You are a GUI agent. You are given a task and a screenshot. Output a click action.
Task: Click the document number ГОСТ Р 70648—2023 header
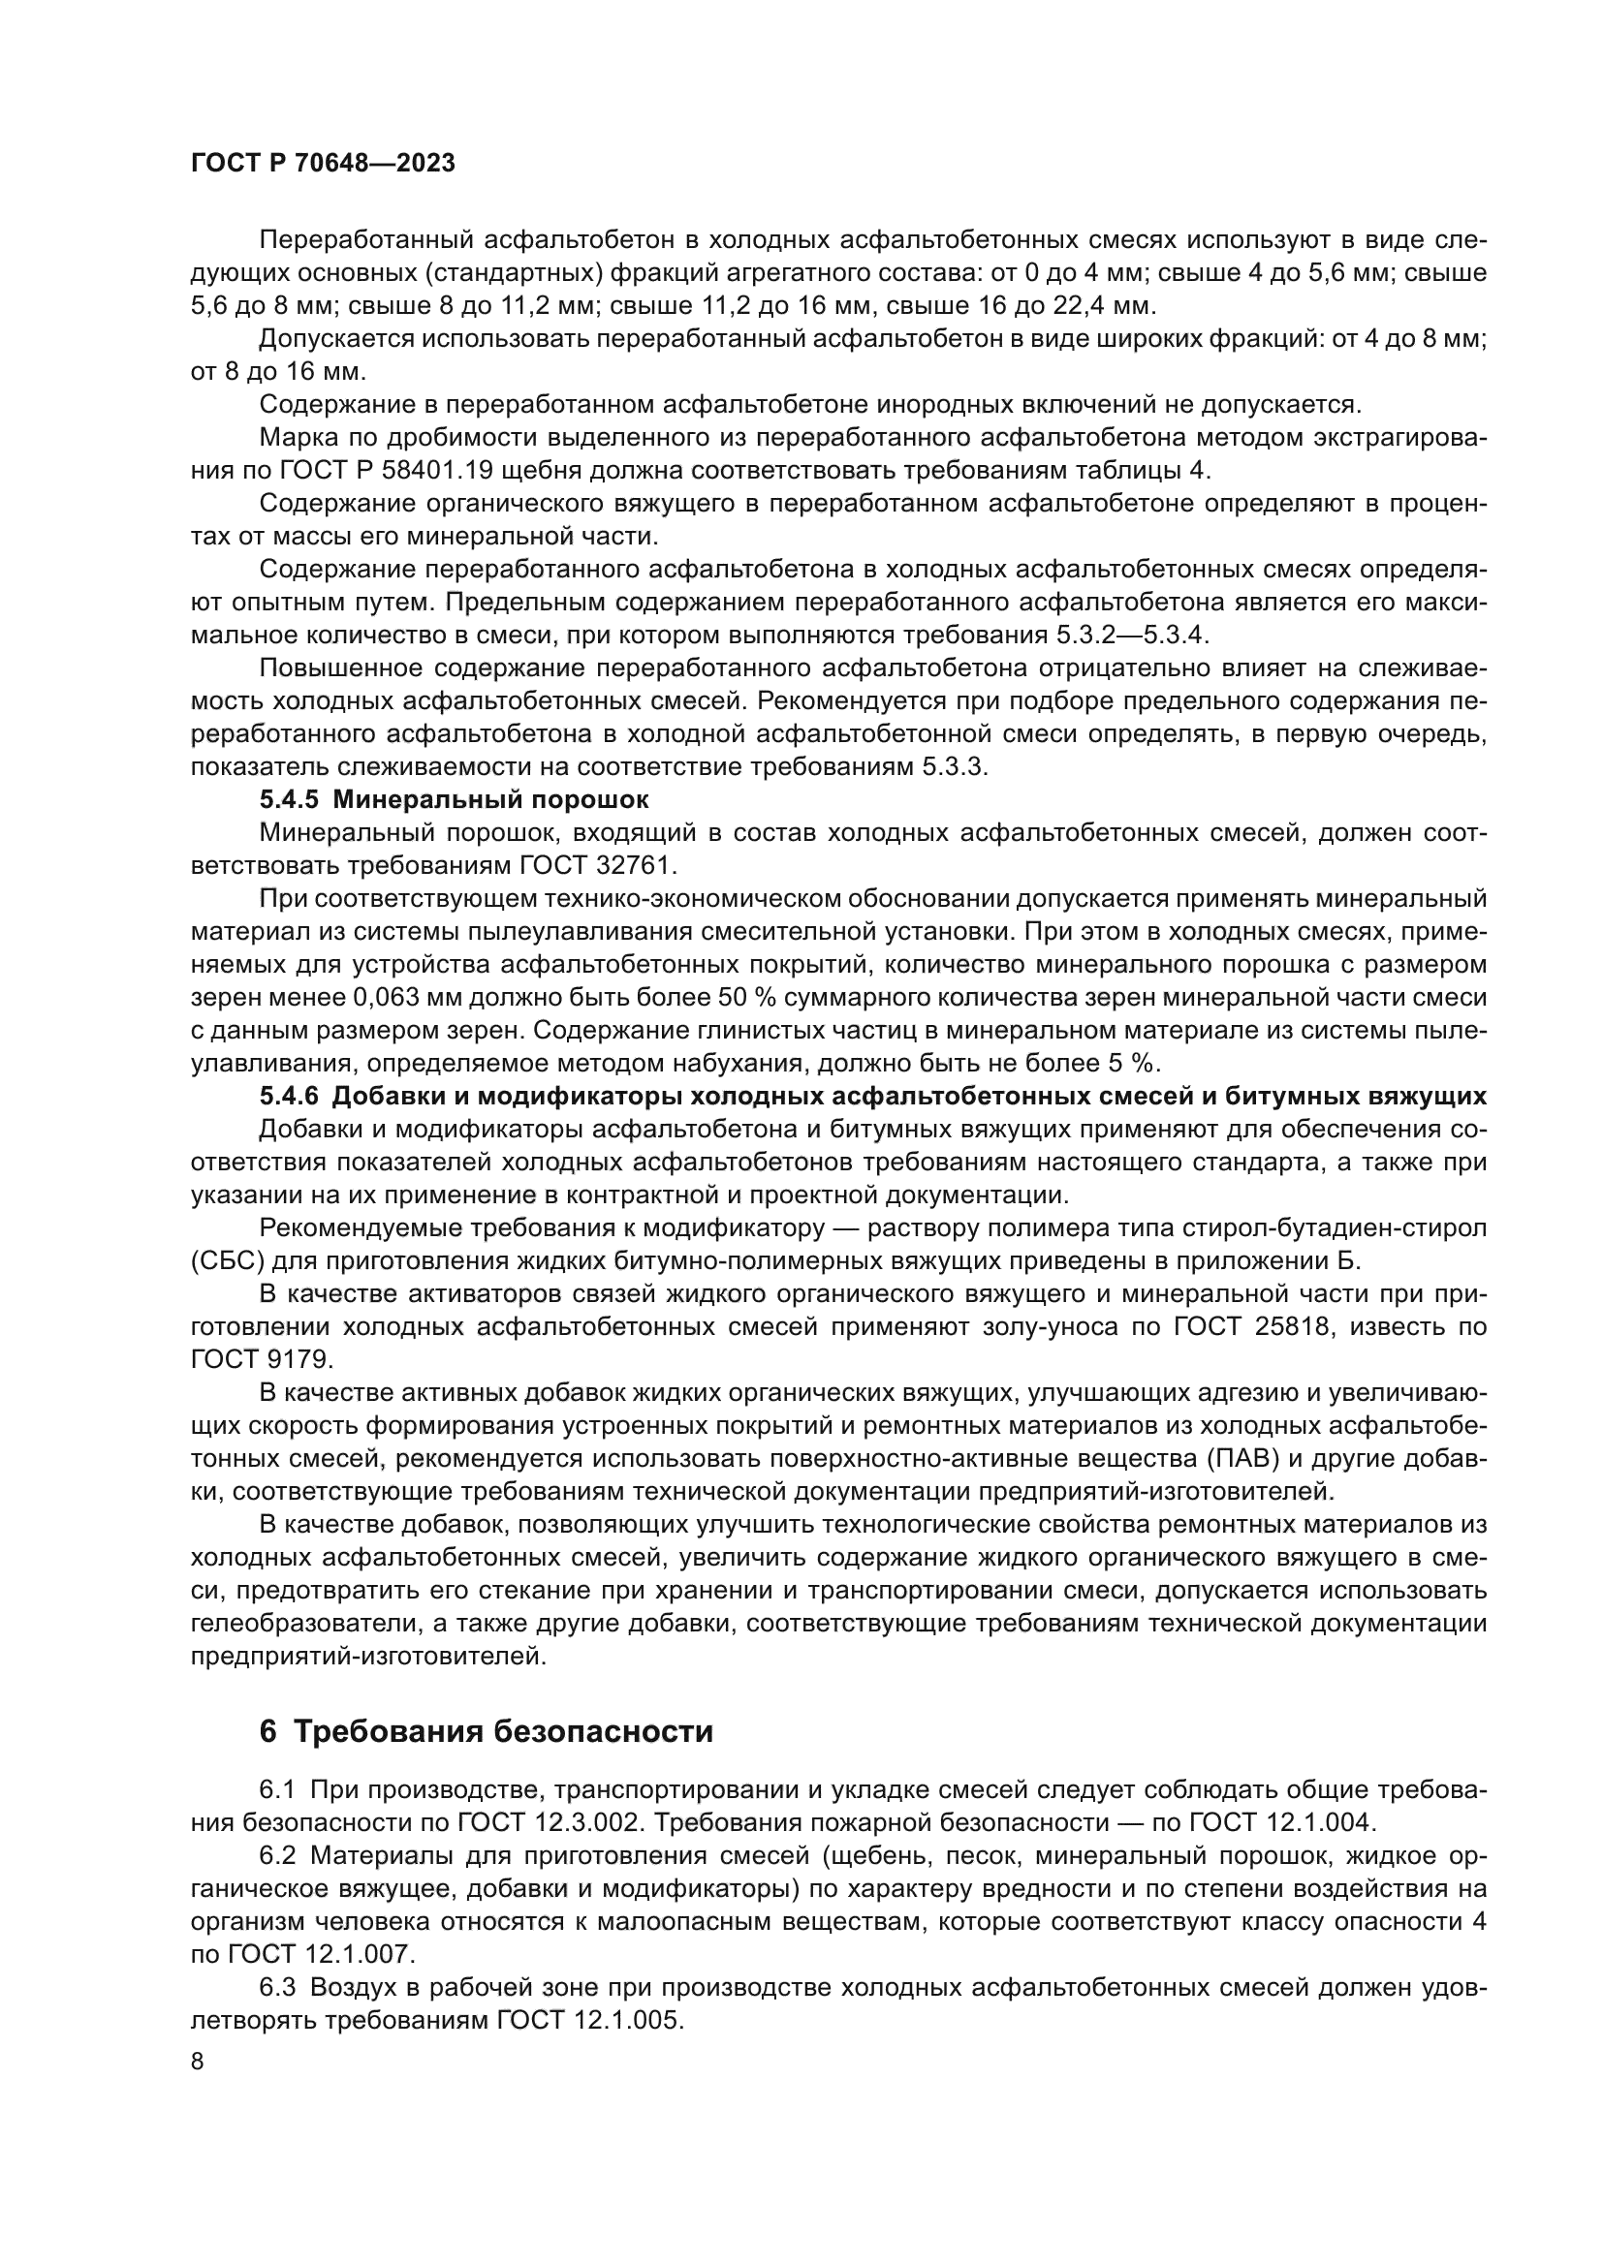coord(323,164)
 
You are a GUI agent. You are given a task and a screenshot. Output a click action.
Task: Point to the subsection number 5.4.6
coord(289,1097)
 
